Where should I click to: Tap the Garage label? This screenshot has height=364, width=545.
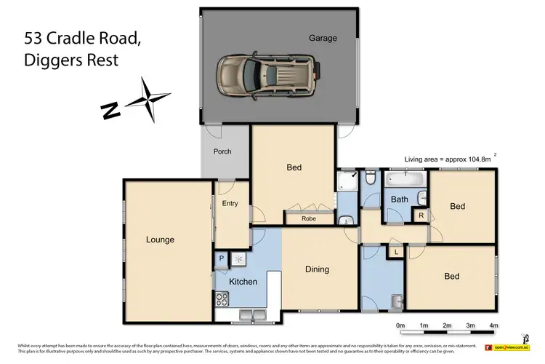(x=323, y=39)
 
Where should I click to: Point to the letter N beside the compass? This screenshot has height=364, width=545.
(x=110, y=110)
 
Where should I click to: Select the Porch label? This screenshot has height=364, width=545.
(x=222, y=152)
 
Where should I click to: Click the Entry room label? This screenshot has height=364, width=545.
(x=230, y=204)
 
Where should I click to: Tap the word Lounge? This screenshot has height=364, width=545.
(x=160, y=240)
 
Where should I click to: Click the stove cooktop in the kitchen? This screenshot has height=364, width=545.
(x=222, y=298)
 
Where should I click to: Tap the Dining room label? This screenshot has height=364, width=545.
(x=317, y=269)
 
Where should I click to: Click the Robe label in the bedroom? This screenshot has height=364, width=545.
(x=308, y=218)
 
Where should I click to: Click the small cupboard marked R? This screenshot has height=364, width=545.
(x=421, y=215)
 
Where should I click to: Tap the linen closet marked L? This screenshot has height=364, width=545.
(x=396, y=252)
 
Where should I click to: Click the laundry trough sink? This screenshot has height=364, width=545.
(x=396, y=301)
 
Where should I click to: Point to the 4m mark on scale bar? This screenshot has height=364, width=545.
(x=494, y=325)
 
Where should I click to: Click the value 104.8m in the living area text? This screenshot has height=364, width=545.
(x=477, y=159)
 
